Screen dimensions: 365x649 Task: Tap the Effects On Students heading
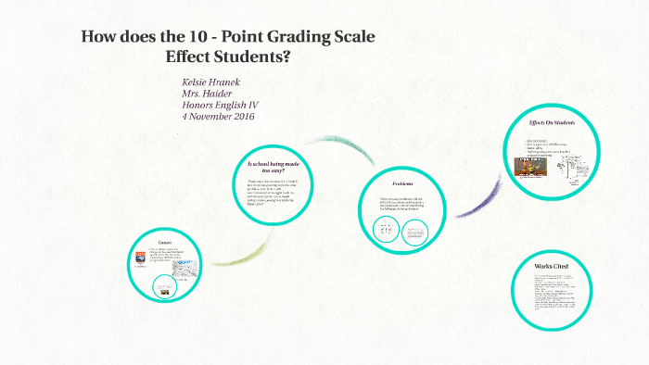(x=552, y=123)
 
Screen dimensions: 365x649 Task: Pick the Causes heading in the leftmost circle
(x=166, y=244)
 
